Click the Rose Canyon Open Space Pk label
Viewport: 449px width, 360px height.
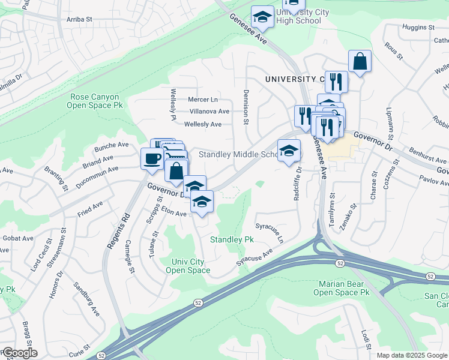[95, 101]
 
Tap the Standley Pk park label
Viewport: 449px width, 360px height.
[232, 239]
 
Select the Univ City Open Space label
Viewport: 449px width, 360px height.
[188, 266]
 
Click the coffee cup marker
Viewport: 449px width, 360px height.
[151, 158]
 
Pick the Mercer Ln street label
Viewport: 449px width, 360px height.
[202, 99]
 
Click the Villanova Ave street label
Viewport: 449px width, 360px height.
[209, 111]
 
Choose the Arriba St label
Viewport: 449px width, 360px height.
[79, 19]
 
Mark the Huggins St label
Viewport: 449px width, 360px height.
[419, 28]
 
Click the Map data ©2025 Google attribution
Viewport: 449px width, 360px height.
[411, 355]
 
